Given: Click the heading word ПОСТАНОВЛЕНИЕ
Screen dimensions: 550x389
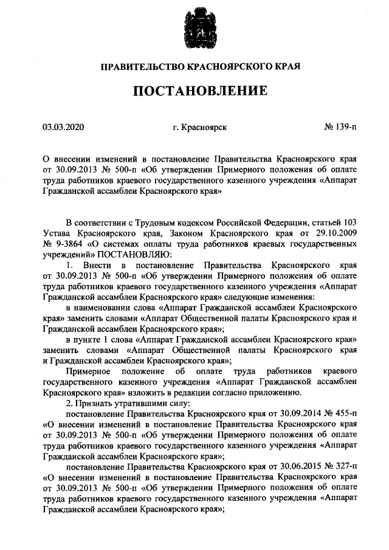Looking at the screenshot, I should [x=200, y=91].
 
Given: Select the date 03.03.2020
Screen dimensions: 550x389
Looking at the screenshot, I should [x=63, y=128].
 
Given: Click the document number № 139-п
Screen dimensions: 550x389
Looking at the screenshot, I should [x=340, y=128].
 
